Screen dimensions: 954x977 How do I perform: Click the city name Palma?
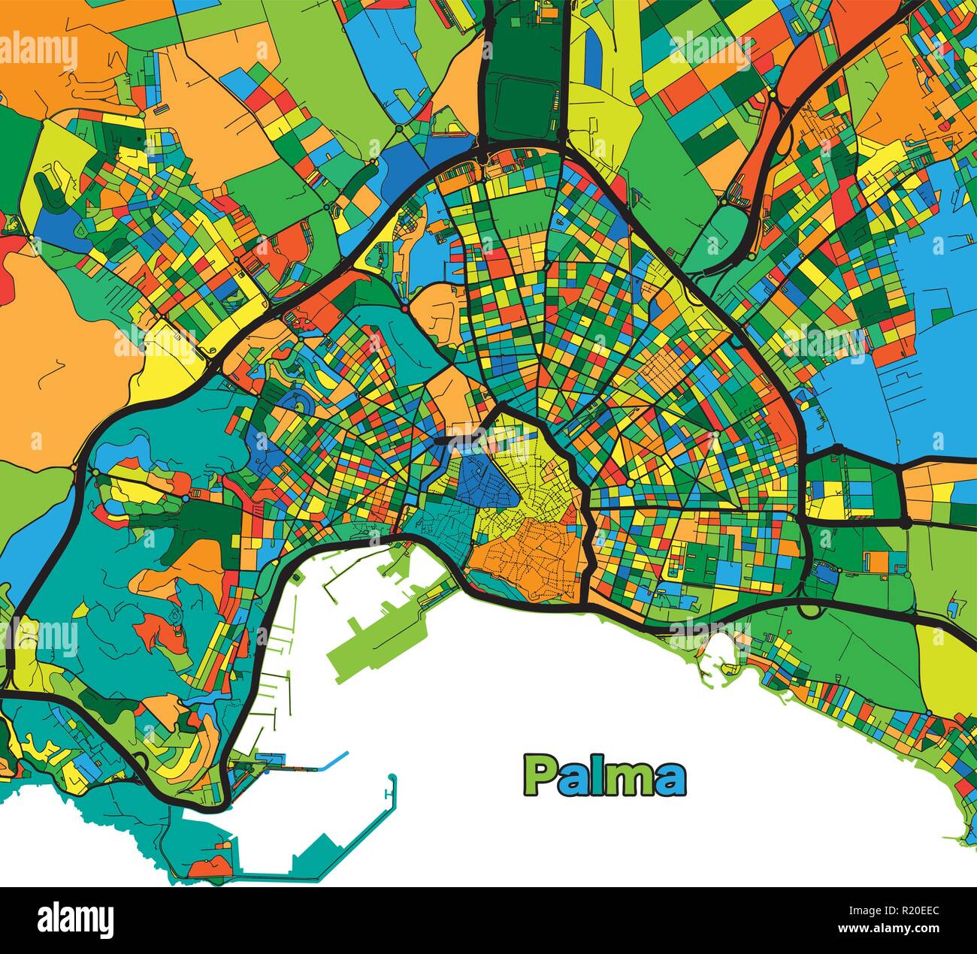tap(605, 777)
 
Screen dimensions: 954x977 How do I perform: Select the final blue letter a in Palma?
tap(670, 781)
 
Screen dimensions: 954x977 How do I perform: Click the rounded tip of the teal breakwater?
tap(392, 778)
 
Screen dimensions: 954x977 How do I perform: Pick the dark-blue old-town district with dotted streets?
tap(481, 481)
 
